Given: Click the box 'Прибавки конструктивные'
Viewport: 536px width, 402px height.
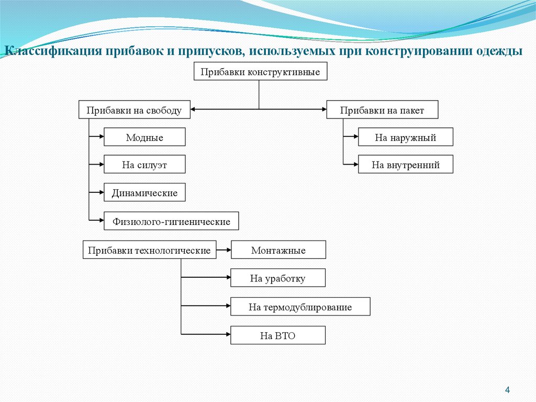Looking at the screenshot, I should (260, 71).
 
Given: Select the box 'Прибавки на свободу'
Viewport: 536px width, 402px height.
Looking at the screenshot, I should (134, 110).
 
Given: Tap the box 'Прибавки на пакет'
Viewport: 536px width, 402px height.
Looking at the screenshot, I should (382, 110).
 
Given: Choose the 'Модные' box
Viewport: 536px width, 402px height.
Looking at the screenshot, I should (144, 137).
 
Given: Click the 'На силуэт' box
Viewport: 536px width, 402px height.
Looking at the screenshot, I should (144, 165).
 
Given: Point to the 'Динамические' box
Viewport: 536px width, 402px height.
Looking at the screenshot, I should (144, 193).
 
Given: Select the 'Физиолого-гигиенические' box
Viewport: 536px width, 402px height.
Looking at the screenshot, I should (171, 221).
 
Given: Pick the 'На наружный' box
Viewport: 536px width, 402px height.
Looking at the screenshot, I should (405, 137).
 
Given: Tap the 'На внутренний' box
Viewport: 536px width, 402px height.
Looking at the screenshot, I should (405, 165).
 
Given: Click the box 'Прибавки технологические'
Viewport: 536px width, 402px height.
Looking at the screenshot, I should (149, 250).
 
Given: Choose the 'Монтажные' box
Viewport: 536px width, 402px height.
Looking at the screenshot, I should (278, 250).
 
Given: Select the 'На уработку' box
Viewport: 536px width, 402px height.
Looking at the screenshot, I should (278, 278).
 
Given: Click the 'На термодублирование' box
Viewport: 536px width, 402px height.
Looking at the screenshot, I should (300, 307).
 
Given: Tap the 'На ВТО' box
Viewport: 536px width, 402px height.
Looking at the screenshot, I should (278, 335).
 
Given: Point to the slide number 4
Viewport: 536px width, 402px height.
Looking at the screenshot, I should (507, 390).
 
